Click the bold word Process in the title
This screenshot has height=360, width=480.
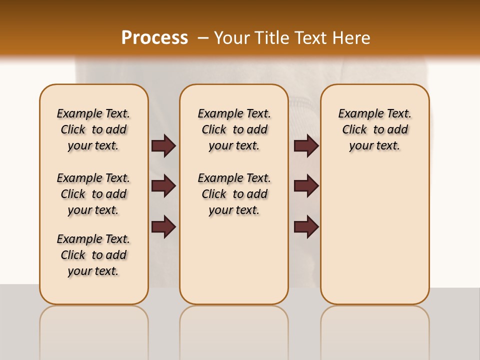point(154,38)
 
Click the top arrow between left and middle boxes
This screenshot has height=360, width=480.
point(163,145)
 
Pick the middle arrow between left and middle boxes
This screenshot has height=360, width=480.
point(163,186)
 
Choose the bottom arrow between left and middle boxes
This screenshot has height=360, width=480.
point(163,227)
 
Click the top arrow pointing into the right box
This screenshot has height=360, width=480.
point(306,145)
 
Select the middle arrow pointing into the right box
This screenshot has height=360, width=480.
point(306,186)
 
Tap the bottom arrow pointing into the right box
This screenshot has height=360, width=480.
point(306,227)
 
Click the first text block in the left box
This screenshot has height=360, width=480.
point(93,129)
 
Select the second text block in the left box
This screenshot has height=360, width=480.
point(93,194)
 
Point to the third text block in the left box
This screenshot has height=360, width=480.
point(93,255)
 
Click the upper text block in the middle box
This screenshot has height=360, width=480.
point(234,129)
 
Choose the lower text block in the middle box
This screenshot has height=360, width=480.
point(234,194)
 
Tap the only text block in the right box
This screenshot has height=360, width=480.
point(374,129)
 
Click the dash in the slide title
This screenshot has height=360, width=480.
point(202,38)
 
